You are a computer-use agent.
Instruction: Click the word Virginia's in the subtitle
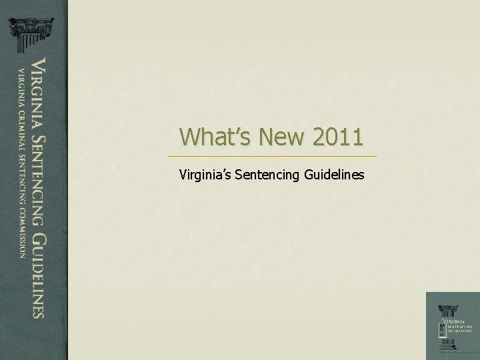(x=206, y=175)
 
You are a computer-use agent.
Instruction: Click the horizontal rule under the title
(x=273, y=156)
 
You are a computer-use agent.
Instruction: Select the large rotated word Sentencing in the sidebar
(x=39, y=175)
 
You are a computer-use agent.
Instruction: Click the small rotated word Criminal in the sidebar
(x=21, y=123)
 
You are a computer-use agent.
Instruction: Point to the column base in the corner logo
(x=444, y=341)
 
